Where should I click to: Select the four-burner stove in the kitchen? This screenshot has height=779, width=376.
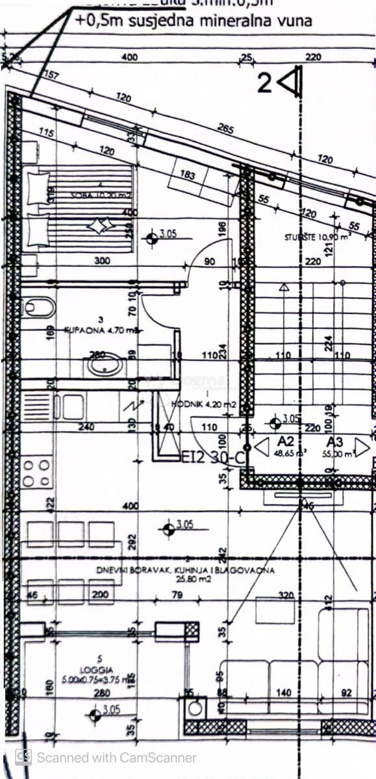click(36, 473)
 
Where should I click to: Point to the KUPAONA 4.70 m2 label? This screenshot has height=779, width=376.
click(94, 330)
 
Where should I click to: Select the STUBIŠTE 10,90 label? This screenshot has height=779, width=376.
click(318, 237)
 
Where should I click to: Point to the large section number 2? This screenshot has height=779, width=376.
click(264, 84)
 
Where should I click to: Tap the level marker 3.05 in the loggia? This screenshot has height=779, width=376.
click(95, 715)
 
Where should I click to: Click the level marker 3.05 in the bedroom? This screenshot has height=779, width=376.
click(153, 238)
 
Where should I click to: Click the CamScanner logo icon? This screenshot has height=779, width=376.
click(23, 756)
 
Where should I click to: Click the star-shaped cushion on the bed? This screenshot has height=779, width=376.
click(99, 227)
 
